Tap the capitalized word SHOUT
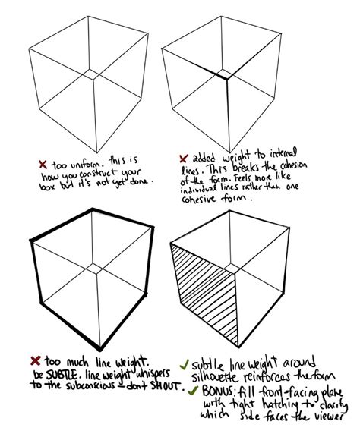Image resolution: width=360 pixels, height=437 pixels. [x=166, y=385]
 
